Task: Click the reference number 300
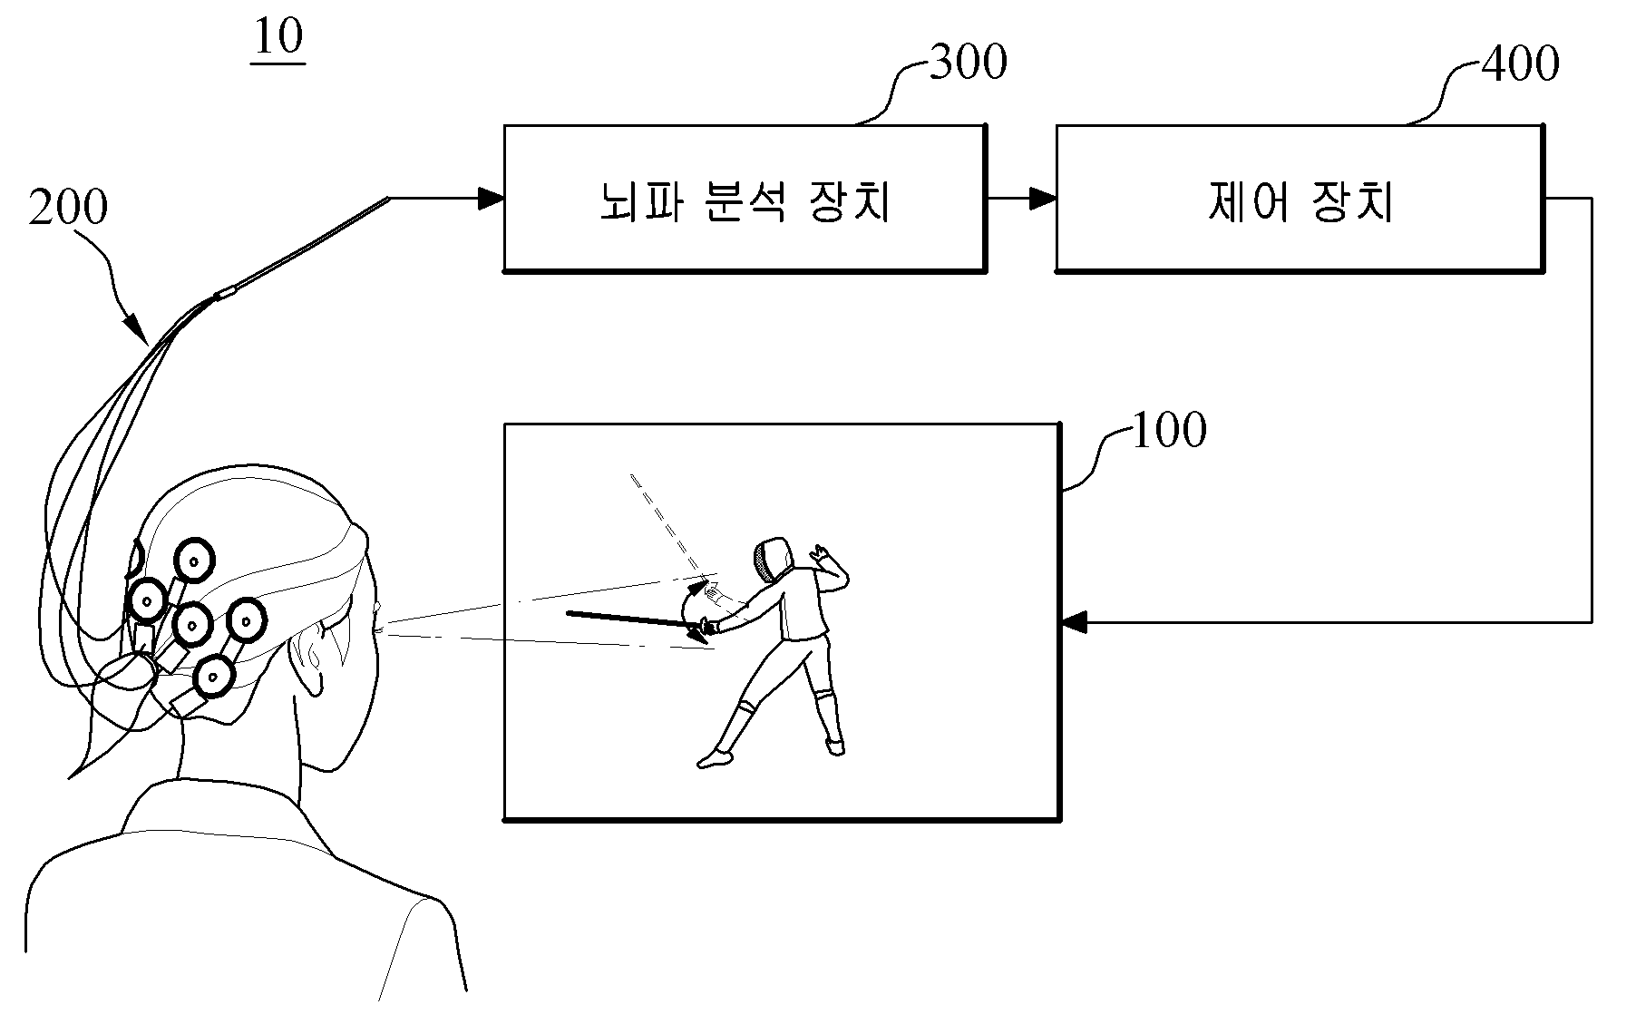(969, 63)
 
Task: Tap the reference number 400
(1520, 63)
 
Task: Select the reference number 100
(1170, 430)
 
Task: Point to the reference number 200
(68, 207)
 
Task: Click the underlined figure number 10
(279, 38)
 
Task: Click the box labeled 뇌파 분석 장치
(745, 199)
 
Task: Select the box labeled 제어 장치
(1300, 199)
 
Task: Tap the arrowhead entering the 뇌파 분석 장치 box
(491, 198)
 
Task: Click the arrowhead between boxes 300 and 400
(1043, 199)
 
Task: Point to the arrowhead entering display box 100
(1074, 622)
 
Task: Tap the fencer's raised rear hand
(822, 551)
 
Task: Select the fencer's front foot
(715, 757)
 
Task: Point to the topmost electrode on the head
(193, 561)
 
